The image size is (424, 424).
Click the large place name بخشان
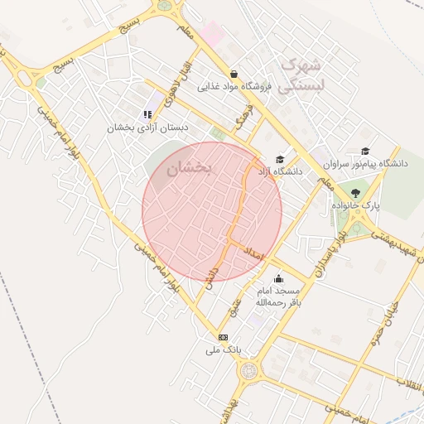[190, 168]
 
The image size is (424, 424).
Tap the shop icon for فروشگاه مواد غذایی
[234, 74]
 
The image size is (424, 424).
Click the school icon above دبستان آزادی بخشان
[147, 115]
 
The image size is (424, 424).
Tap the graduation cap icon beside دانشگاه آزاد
[280, 160]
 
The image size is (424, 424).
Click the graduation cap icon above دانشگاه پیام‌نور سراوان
[365, 151]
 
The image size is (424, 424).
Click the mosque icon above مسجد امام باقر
[277, 279]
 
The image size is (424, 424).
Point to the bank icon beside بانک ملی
[223, 337]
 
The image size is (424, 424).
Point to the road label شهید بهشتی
[393, 243]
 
